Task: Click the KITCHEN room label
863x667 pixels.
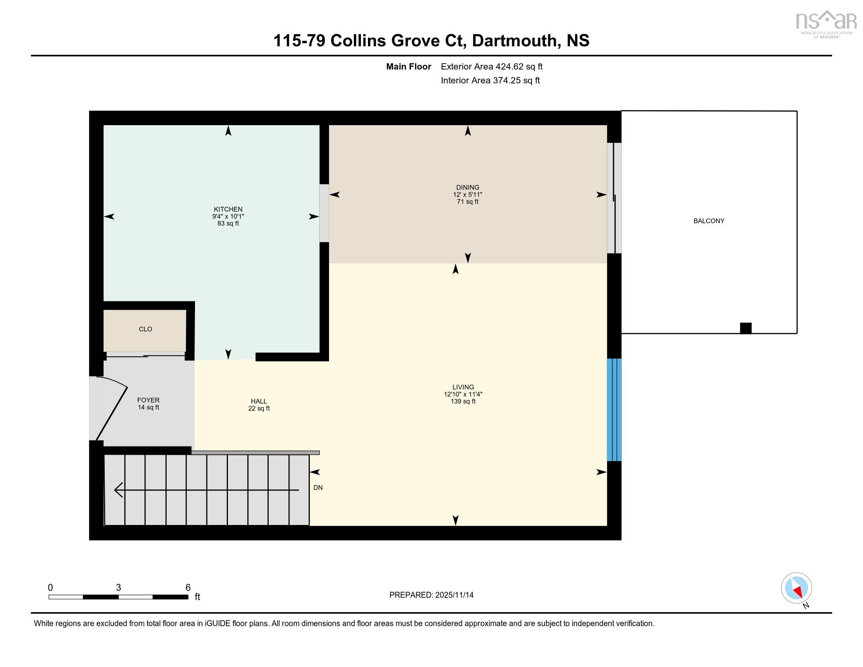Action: (x=228, y=210)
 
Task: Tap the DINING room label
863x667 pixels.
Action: (x=468, y=188)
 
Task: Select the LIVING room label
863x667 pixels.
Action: (x=463, y=387)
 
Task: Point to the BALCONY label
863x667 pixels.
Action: (x=709, y=221)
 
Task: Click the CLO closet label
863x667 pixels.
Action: (x=146, y=329)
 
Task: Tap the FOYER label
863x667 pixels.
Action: (x=148, y=400)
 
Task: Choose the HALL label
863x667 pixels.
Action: (x=259, y=401)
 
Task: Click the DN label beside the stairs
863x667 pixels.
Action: (x=318, y=488)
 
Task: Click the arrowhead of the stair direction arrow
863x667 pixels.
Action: (x=118, y=490)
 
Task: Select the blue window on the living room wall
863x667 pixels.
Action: (x=614, y=410)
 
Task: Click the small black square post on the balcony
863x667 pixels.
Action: (x=746, y=328)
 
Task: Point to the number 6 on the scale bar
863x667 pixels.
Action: (x=188, y=587)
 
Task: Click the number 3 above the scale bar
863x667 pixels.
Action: (x=118, y=587)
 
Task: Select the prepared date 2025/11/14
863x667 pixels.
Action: (x=454, y=595)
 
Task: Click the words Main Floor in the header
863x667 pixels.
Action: (x=409, y=66)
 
